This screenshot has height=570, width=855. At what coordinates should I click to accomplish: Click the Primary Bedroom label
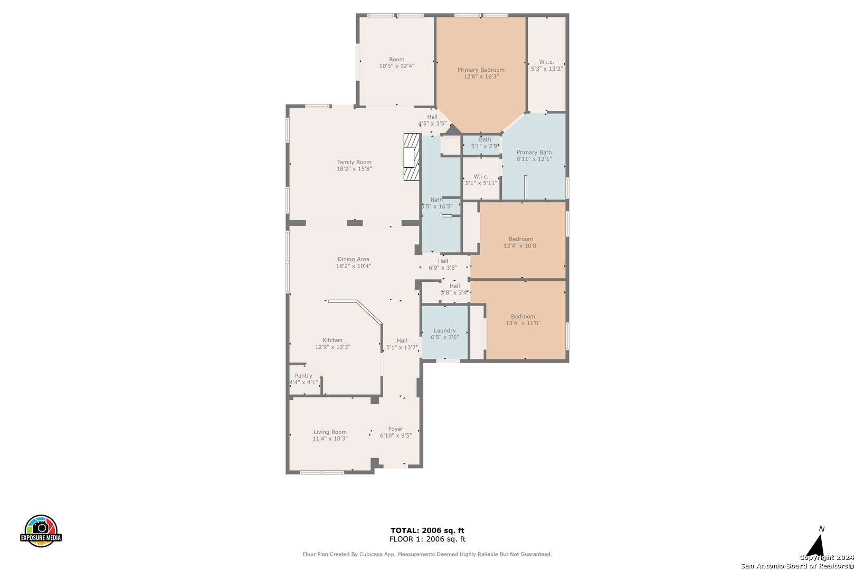[x=481, y=70]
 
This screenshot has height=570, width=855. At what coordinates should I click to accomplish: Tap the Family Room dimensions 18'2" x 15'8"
[x=354, y=169]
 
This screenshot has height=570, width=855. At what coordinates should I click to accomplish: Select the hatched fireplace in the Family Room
[x=412, y=157]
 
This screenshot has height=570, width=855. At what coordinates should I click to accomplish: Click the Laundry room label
[x=445, y=330]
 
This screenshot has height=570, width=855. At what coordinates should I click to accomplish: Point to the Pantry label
[x=303, y=376]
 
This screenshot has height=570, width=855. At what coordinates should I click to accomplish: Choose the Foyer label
[x=396, y=429]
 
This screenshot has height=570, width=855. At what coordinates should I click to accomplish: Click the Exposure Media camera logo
[x=41, y=530]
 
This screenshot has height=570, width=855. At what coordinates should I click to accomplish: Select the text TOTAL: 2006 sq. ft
[x=427, y=530]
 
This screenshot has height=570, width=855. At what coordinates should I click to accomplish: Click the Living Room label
[x=330, y=432]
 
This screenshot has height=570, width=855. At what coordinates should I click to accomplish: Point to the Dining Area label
[x=354, y=259]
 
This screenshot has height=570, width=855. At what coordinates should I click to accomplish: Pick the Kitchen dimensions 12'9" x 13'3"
[x=332, y=347]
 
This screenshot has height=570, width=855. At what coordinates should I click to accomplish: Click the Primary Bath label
[x=534, y=153]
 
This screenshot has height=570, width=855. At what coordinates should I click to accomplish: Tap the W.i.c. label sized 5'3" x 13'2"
[x=547, y=62]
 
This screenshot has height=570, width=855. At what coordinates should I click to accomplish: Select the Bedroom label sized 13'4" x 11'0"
[x=523, y=317]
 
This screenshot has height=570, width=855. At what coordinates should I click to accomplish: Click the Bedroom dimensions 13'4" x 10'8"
[x=521, y=246]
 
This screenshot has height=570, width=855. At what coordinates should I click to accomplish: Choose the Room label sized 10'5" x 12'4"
[x=396, y=59]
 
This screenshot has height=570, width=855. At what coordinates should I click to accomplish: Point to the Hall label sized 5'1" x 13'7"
[x=402, y=340]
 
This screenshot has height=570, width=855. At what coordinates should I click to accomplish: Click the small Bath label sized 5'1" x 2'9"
[x=485, y=139]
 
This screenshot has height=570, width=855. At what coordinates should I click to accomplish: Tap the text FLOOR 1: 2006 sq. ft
[x=427, y=539]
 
